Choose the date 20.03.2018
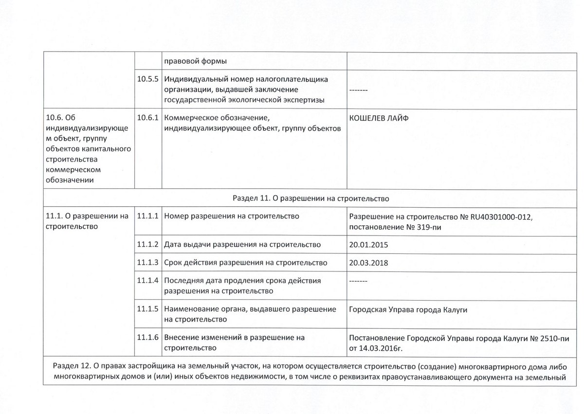pyautogui.click(x=369, y=263)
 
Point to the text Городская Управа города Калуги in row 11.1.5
pyautogui.click(x=408, y=310)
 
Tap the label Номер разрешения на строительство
pyautogui.click(x=232, y=216)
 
